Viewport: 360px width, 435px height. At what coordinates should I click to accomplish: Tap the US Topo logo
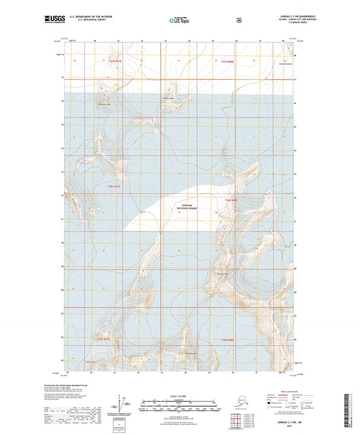(180, 20)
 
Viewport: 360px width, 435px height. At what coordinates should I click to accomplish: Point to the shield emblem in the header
(238, 20)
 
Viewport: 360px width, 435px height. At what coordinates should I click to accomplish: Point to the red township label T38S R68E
(230, 201)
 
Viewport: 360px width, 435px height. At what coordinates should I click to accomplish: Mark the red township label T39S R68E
(227, 340)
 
